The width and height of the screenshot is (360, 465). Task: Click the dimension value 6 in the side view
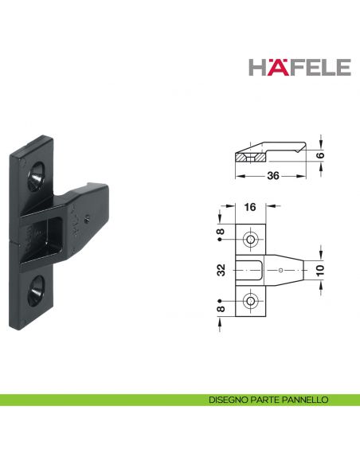coord(322,155)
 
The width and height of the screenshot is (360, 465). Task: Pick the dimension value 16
coord(250,207)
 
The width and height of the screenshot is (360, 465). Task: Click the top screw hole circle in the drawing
coord(251,240)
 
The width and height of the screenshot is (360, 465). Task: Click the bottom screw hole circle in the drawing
coord(251,301)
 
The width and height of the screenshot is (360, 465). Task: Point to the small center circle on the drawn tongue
coord(281,271)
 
